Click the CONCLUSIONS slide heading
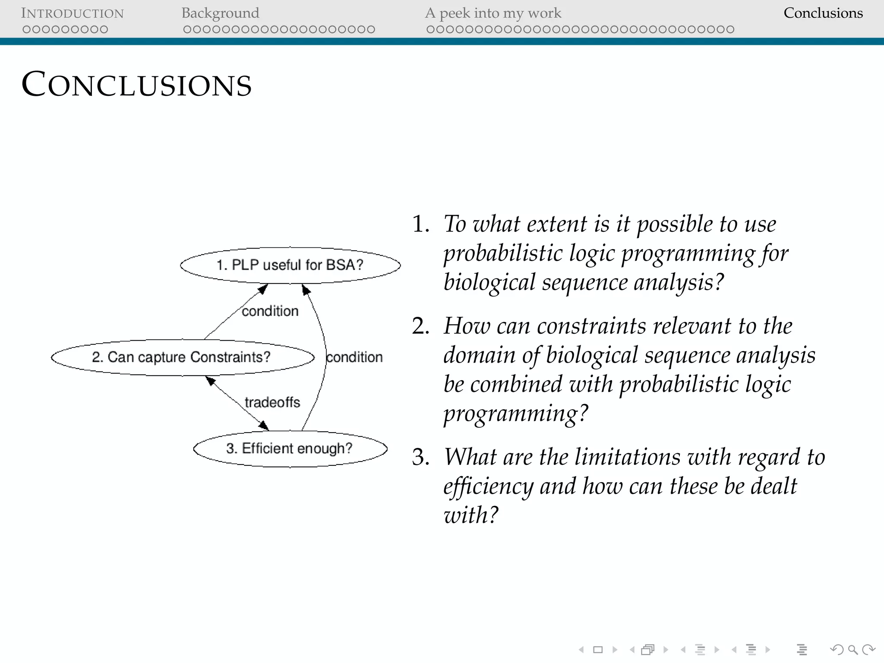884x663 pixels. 136,84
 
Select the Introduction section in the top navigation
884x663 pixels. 72,13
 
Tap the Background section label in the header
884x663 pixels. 220,13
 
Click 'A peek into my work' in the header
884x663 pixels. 493,13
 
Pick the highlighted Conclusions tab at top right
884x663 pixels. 823,13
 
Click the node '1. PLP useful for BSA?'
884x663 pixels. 290,265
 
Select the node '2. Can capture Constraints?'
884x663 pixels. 181,357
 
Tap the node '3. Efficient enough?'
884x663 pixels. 290,448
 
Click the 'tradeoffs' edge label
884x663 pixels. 272,402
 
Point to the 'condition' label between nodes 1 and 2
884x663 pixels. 270,311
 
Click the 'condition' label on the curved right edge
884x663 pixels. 354,357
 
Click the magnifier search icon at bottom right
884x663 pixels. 852,650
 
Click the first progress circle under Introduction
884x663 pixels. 26,29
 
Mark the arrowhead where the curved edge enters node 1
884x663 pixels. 306,290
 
